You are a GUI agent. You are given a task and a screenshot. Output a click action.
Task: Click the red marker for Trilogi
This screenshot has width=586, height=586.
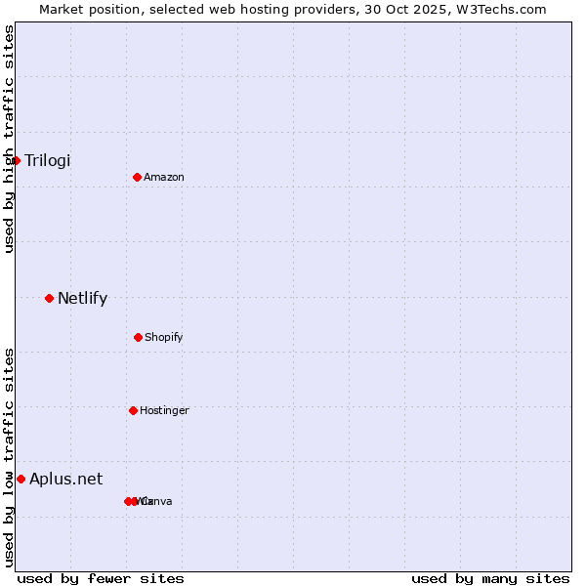point(16,160)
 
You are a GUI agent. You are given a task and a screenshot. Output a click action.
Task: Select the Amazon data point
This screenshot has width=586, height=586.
point(137,177)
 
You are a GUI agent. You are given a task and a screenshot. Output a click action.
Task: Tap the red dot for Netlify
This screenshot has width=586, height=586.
point(49,298)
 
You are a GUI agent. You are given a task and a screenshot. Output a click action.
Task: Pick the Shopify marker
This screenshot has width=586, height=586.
point(138,337)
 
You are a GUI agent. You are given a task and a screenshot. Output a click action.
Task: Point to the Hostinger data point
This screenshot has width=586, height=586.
point(133,410)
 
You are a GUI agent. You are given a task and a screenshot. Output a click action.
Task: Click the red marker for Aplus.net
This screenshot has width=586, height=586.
point(21,479)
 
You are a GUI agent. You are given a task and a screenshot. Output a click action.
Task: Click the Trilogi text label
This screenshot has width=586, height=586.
point(47,160)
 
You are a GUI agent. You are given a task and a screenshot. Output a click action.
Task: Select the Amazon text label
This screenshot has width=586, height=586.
point(164,177)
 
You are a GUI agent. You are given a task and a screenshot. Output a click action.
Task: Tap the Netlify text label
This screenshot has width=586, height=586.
point(82,298)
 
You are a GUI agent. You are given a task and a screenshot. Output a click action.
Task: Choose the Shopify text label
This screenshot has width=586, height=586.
point(164,337)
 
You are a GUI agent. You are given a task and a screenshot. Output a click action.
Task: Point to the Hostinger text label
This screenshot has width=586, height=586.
point(164,410)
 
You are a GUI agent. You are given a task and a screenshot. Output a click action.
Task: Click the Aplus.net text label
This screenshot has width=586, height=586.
point(65,479)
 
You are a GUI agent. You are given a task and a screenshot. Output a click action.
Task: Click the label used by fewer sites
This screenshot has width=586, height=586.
point(101,578)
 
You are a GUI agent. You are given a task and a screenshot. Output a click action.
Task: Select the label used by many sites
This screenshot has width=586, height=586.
point(490,578)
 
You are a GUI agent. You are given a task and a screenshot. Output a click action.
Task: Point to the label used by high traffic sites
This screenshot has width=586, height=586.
point(9,139)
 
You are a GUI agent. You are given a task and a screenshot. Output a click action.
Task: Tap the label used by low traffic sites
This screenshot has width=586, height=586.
point(9,457)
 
